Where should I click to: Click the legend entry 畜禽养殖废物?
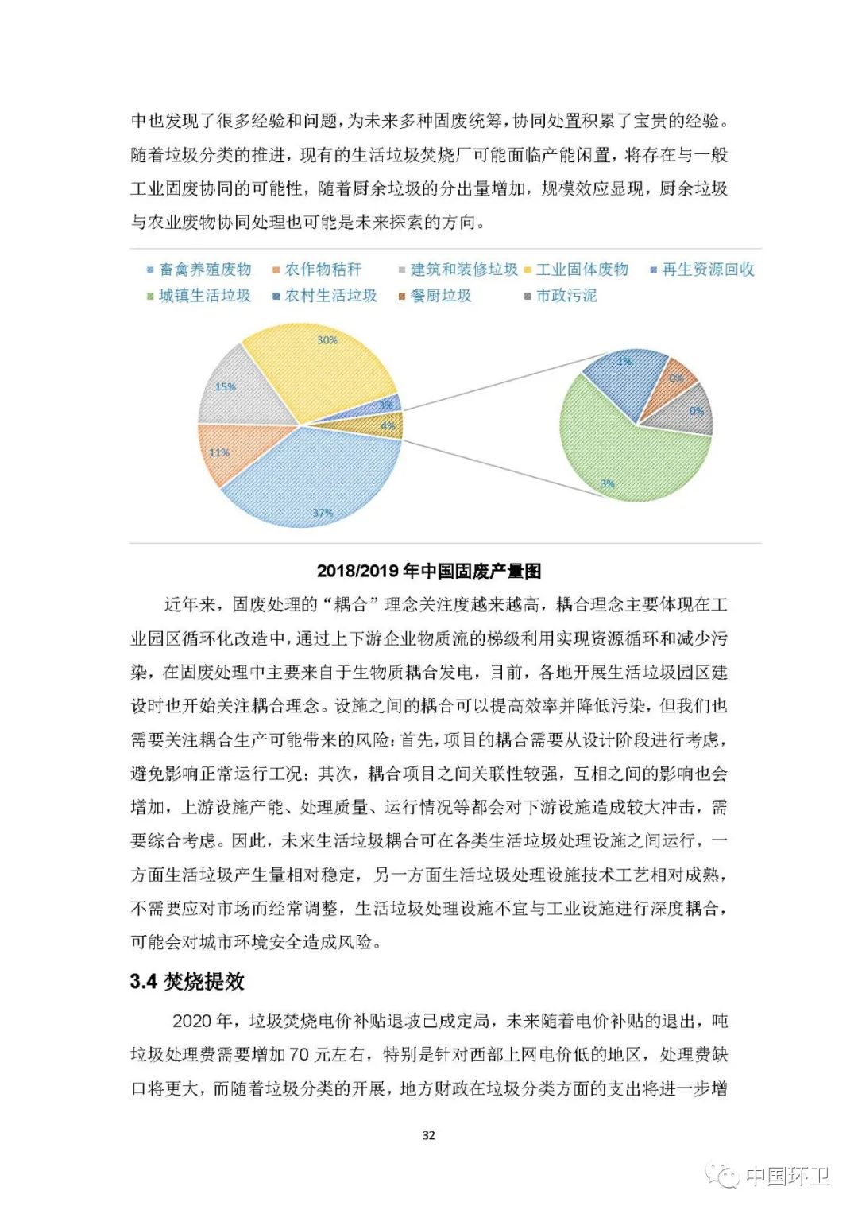(x=205, y=270)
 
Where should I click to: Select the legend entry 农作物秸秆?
(x=323, y=270)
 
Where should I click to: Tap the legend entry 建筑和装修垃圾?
(x=464, y=270)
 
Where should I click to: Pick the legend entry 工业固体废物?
(x=582, y=270)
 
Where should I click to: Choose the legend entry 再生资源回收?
(x=708, y=270)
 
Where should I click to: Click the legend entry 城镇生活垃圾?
(x=204, y=296)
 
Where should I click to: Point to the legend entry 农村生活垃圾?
(x=330, y=296)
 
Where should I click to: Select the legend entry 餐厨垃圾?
(x=441, y=296)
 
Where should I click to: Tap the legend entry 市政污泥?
(x=566, y=296)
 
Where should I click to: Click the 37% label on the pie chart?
(x=323, y=513)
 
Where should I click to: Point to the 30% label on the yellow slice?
(x=327, y=340)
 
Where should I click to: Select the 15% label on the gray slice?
(x=226, y=387)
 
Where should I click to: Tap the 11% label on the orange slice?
(x=219, y=453)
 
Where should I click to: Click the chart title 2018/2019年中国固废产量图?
(x=429, y=571)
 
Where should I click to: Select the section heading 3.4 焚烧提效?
(x=187, y=982)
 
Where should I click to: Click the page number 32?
(x=429, y=1135)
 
